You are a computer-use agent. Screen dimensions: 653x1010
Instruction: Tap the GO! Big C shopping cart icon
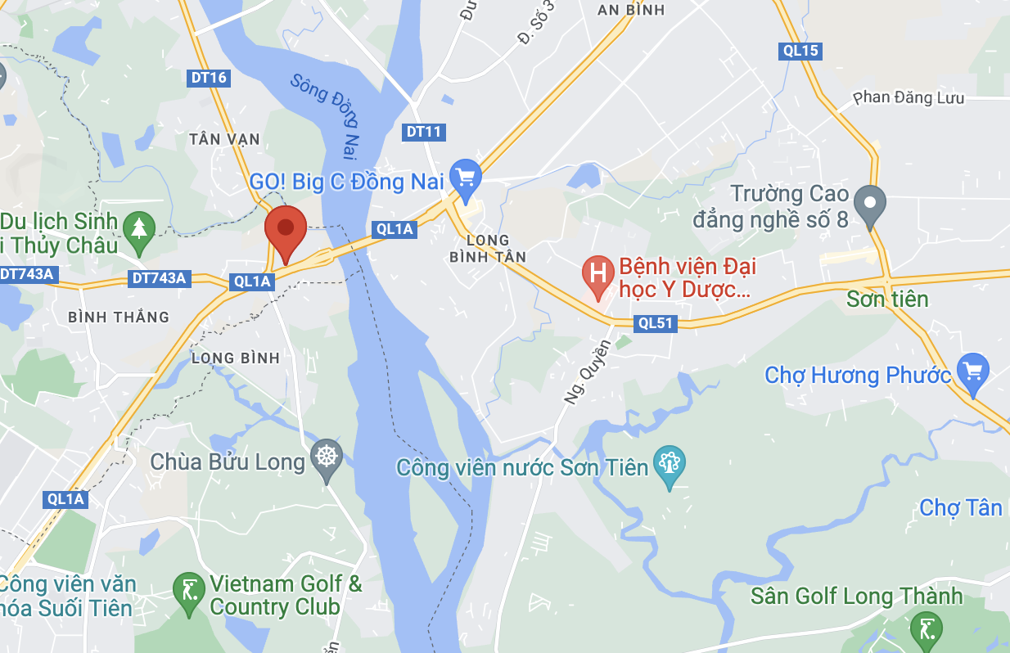pos(466,175)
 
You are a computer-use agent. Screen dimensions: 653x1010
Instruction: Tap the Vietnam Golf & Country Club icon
pos(189,589)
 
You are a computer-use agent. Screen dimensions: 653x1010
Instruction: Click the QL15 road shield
pos(800,51)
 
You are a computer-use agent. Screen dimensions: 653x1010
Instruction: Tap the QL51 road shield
pos(656,323)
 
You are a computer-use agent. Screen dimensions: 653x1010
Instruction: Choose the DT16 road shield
pos(208,78)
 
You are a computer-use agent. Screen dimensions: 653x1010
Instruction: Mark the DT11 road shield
pos(424,132)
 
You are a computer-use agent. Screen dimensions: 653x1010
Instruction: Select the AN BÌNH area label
pos(631,10)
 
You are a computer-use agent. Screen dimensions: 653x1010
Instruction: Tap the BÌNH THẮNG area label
pos(119,317)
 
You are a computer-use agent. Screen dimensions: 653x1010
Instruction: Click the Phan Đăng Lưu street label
pos(909,98)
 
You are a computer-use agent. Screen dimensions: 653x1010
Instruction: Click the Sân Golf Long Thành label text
pos(856,596)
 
